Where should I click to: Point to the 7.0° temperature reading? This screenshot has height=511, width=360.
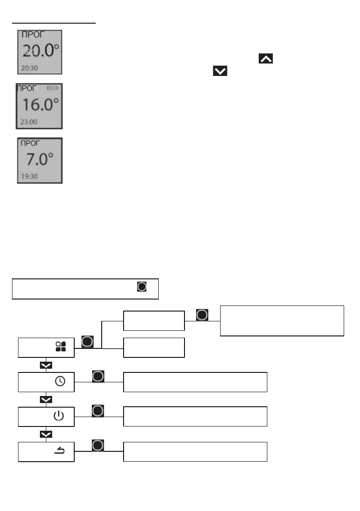click(x=40, y=159)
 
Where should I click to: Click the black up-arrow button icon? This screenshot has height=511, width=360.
click(x=266, y=59)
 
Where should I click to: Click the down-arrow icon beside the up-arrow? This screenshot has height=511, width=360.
click(x=220, y=71)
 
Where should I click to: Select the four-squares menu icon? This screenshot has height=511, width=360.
click(x=61, y=347)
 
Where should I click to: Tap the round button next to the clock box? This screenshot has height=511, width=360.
click(x=98, y=376)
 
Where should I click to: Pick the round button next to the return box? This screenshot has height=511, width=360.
click(x=98, y=446)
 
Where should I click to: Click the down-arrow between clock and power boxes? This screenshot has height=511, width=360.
click(x=46, y=399)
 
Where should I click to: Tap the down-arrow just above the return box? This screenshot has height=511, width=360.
click(x=46, y=434)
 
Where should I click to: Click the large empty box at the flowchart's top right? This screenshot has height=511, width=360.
click(x=282, y=321)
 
